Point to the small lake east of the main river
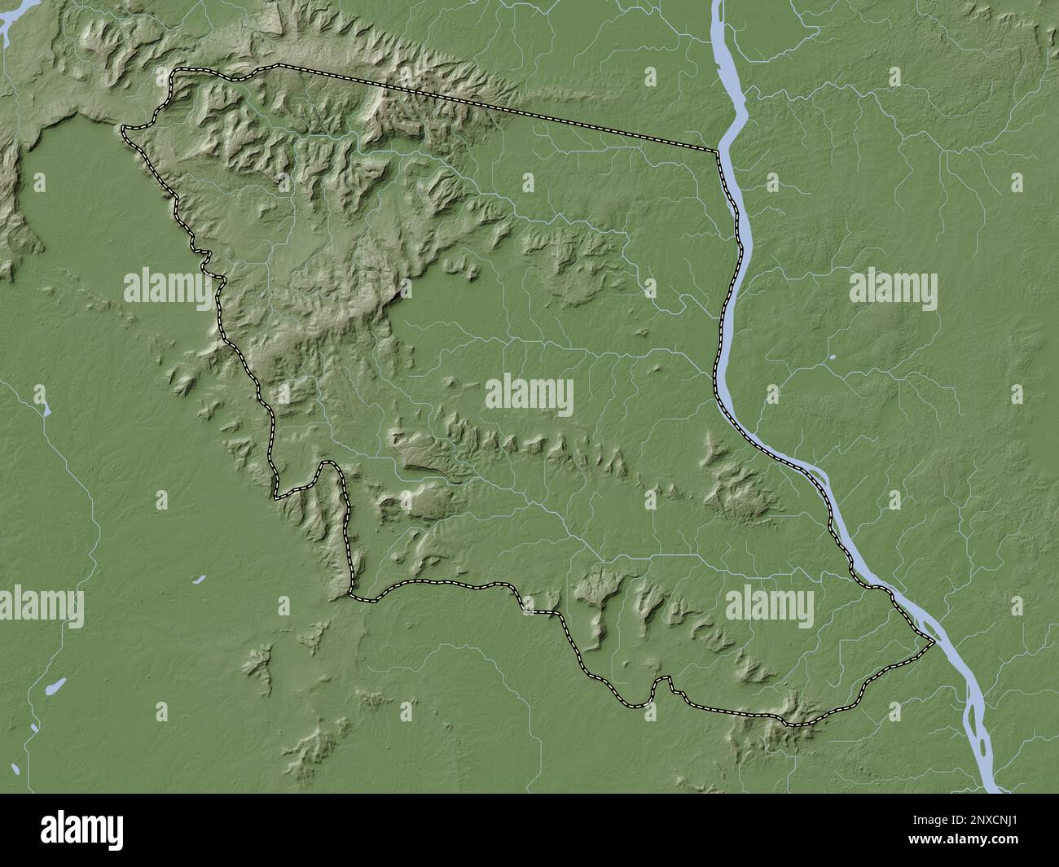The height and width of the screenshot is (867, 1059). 833,357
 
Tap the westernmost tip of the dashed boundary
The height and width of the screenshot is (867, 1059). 122,129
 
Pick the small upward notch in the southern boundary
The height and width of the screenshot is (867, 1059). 668,679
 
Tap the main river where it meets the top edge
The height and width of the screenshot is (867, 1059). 719,4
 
